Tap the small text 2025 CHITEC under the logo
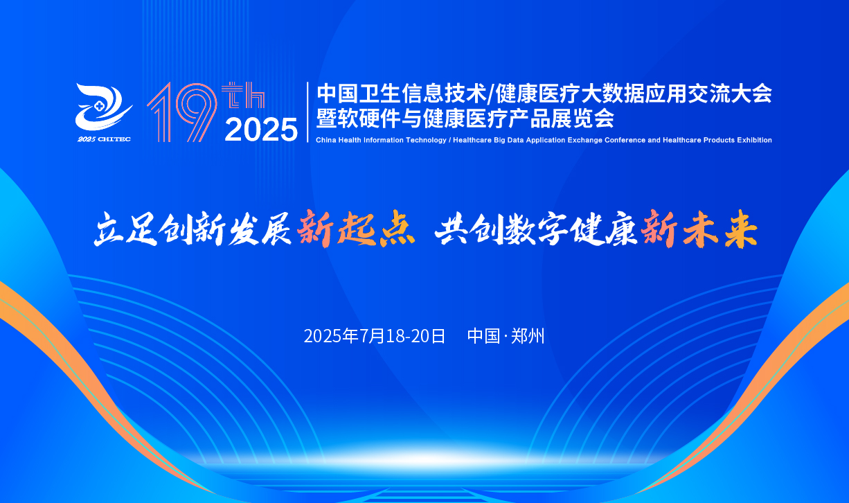(105, 139)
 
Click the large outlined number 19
(182, 112)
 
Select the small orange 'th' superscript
(243, 95)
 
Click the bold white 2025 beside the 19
(261, 130)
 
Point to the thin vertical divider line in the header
(307, 112)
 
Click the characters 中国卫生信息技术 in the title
(402, 94)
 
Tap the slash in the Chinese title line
(491, 94)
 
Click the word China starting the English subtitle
(326, 140)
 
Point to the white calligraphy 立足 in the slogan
(125, 229)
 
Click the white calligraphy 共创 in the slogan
(467, 229)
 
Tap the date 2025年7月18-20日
(375, 336)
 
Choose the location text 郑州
(528, 336)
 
